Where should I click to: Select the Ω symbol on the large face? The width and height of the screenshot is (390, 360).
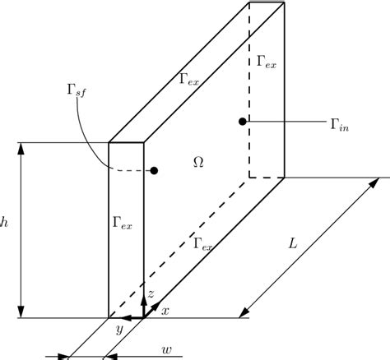(x=198, y=162)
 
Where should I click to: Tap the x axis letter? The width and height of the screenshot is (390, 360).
(x=165, y=310)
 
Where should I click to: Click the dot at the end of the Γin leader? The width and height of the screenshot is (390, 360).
(x=242, y=122)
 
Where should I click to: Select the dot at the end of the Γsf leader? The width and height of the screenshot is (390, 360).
(x=154, y=171)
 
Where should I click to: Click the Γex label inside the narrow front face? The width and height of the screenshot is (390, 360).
(x=121, y=222)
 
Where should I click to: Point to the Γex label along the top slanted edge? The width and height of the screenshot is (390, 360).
(x=188, y=79)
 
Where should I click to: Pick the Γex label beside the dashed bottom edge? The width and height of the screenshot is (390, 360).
(x=203, y=244)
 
